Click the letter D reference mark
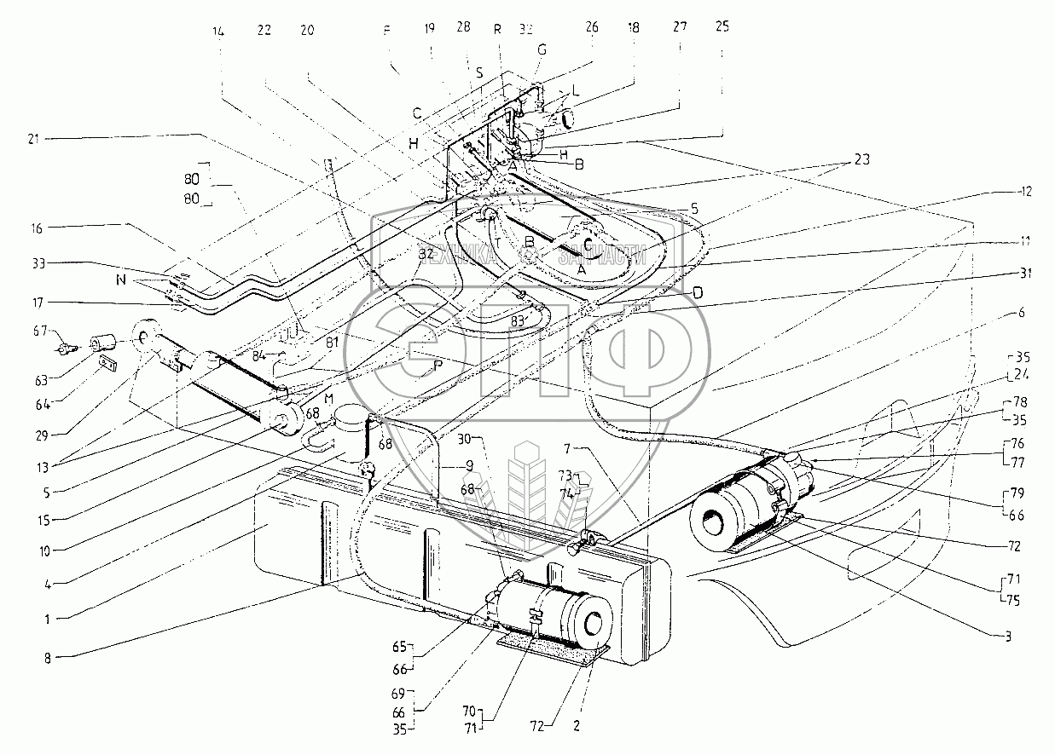click(698, 292)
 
